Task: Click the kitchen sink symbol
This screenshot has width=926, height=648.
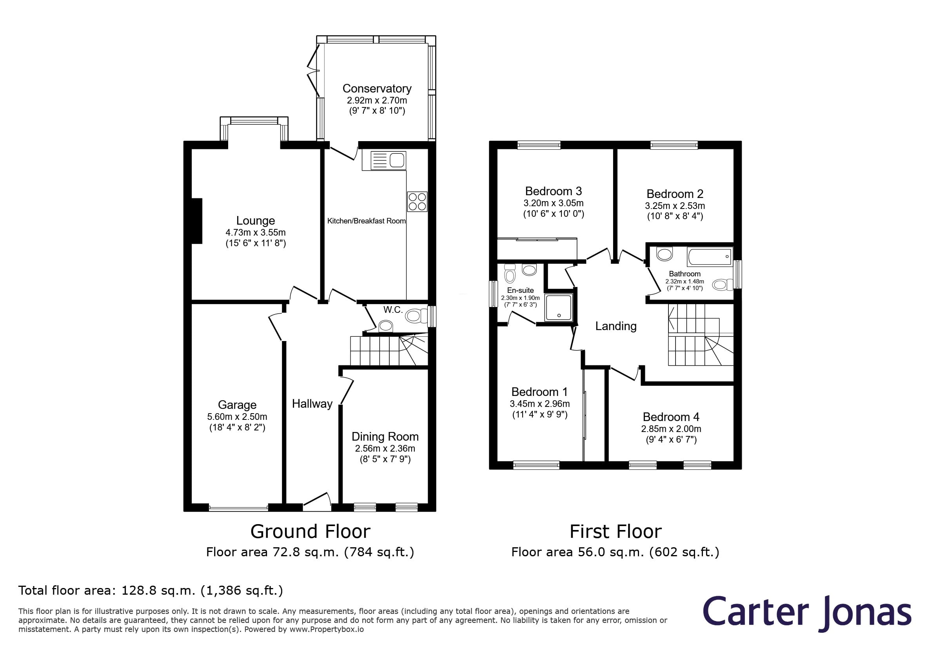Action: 388,160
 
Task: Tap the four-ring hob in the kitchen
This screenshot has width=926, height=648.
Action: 417,201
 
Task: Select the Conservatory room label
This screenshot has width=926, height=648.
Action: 377,88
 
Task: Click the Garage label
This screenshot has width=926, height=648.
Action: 237,405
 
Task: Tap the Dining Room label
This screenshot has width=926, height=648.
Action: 385,436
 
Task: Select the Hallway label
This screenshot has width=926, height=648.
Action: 312,404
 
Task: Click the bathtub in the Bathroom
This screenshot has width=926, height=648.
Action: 710,257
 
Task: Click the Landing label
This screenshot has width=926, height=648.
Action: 616,326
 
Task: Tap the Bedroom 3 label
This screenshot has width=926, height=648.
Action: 553,191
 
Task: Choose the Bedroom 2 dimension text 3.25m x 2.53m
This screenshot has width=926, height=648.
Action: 675,206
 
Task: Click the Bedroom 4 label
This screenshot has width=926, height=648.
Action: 671,417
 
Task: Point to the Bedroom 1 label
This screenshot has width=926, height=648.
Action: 539,392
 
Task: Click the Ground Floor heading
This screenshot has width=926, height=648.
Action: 310,532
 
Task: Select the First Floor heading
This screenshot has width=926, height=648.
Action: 616,532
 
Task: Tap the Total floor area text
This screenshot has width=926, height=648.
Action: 151,590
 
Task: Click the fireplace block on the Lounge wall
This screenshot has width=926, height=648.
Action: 196,221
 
